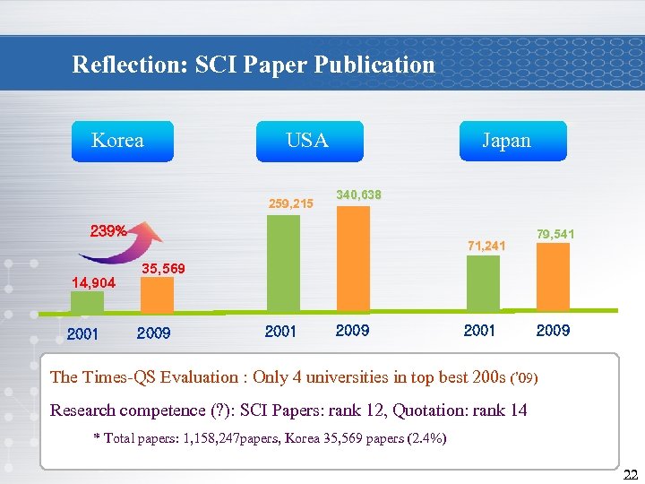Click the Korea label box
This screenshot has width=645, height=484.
coord(123,141)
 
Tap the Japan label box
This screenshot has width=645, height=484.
coord(512,141)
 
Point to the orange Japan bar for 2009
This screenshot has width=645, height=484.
coord(552,280)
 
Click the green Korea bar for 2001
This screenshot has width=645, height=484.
coord(87,302)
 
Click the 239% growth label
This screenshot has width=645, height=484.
coord(107,230)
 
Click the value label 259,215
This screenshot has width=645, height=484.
coord(291,203)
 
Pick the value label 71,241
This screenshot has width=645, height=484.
coord(486,245)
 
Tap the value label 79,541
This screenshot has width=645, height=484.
coord(555,234)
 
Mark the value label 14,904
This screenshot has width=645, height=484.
coord(93,282)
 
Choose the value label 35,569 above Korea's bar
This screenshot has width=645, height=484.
coord(164,268)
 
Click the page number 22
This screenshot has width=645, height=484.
coord(630,475)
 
